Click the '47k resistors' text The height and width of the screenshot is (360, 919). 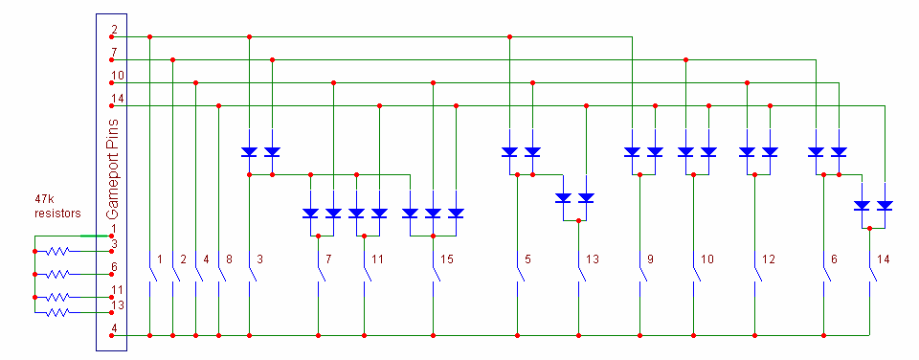(58, 208)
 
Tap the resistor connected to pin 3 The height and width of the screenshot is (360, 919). (58, 251)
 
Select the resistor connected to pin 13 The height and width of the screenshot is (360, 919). (58, 313)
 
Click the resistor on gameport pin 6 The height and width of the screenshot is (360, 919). (58, 274)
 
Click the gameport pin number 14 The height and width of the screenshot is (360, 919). (117, 98)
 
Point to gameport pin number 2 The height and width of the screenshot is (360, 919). (114, 30)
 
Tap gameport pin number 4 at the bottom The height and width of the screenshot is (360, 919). (114, 328)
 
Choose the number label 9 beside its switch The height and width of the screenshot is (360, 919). (650, 259)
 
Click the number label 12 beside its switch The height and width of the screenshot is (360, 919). (768, 259)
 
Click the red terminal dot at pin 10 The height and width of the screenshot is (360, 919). (111, 82)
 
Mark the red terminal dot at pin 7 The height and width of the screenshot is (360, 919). (111, 59)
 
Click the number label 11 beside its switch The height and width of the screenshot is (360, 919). (377, 259)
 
